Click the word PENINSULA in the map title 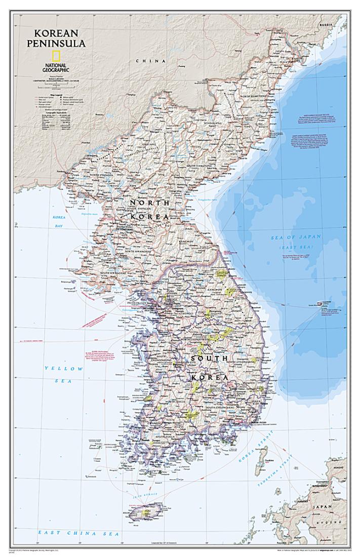tap(56, 43)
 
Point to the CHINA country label tap(150, 61)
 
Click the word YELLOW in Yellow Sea tap(63, 368)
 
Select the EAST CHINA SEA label tap(78, 533)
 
